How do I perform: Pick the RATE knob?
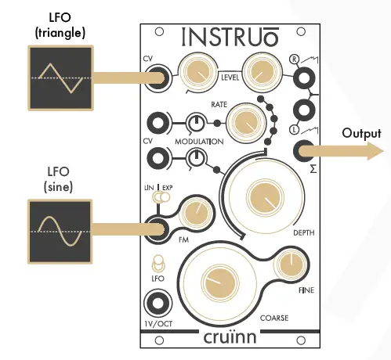(244, 121)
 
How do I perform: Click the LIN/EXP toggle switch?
(161, 199)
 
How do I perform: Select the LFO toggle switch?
(158, 263)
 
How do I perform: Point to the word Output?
(361, 134)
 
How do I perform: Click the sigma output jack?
(303, 151)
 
